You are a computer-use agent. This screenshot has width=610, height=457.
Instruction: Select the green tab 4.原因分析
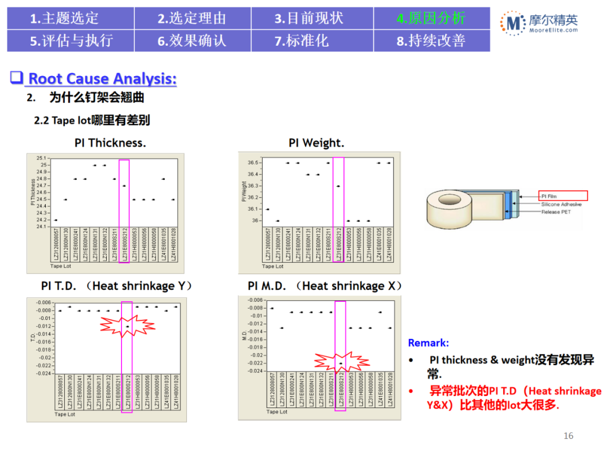431,18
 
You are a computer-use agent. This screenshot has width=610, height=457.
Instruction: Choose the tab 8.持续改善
431,41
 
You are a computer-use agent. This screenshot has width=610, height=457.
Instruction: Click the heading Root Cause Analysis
102,78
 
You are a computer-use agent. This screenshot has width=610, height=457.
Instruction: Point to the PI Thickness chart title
110,143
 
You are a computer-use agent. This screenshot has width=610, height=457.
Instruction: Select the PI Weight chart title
316,143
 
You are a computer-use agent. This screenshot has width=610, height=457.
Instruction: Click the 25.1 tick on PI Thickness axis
41,158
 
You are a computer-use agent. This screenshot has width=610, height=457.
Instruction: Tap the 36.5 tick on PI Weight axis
253,162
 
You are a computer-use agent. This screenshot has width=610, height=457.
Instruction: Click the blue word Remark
428,343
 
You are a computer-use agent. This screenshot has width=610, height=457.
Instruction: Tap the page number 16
568,436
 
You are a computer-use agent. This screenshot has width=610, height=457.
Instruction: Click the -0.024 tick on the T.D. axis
43,373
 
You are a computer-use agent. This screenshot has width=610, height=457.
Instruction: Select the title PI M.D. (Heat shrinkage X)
325,286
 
